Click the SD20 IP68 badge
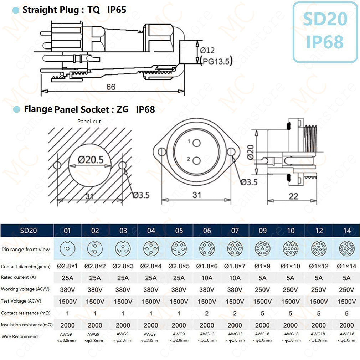325,32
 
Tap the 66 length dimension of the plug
111,87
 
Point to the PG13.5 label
216,61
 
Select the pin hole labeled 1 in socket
196,143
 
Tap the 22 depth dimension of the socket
293,196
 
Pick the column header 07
235,231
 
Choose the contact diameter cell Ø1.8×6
207,266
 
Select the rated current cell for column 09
263,278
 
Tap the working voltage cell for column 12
319,289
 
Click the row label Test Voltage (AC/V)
19,301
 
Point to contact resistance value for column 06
207,313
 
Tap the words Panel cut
89,121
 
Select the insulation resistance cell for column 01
67,325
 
